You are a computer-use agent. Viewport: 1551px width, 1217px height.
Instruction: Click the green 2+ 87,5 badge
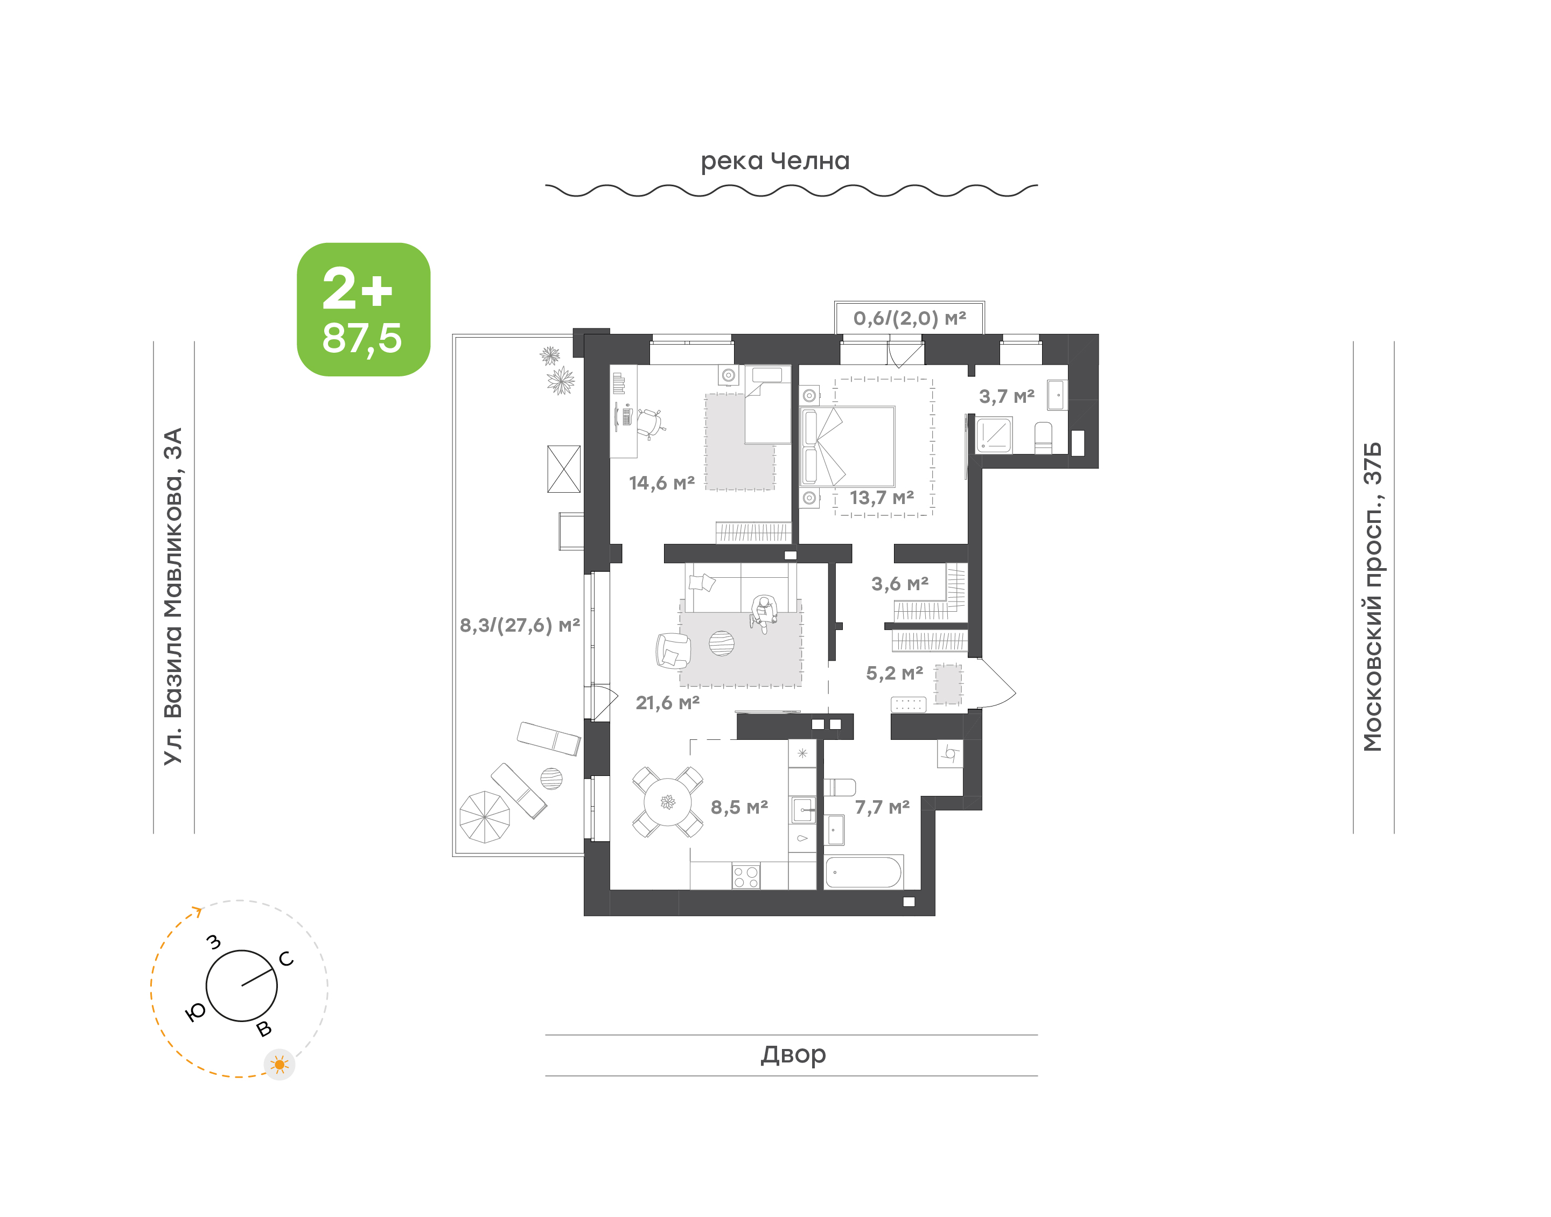click(364, 309)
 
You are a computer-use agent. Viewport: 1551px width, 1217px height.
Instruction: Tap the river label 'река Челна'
click(775, 162)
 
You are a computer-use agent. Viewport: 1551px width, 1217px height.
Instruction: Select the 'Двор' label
click(793, 1054)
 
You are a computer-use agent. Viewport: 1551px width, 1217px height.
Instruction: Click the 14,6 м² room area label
click(661, 483)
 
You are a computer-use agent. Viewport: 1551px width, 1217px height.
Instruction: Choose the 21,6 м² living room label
click(668, 703)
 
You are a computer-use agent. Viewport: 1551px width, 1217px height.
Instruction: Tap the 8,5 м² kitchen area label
click(739, 807)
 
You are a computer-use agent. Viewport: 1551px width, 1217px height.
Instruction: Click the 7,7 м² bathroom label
click(882, 807)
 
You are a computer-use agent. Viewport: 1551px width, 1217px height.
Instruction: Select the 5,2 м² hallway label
click(894, 673)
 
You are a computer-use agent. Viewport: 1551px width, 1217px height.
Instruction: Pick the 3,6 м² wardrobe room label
click(900, 584)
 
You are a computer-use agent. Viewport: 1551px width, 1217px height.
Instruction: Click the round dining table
click(668, 802)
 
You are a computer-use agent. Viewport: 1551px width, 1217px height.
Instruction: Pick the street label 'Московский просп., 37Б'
click(1372, 597)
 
